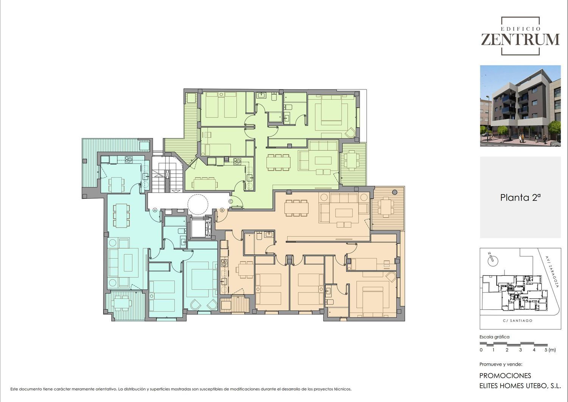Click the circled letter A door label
click(155, 210)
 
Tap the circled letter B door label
click(222, 210)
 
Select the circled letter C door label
click(231, 201)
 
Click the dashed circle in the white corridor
click(198, 204)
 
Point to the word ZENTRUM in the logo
click(520, 39)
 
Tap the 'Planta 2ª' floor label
click(520, 198)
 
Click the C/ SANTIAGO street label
click(518, 321)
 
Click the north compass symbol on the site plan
click(492, 260)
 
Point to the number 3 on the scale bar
click(520, 350)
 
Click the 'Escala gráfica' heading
click(494, 337)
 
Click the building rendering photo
click(520, 106)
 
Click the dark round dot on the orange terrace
click(395, 192)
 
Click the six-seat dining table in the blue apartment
click(121, 215)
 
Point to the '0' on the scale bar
click(481, 350)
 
